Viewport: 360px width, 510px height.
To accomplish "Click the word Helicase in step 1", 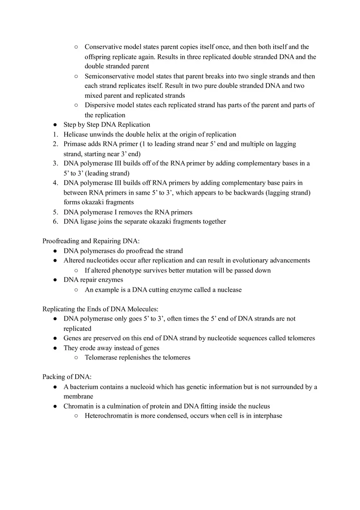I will tap(76, 134).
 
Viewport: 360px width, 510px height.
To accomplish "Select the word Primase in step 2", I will tap(75, 144).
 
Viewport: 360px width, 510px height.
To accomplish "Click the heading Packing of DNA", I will tap(67, 377).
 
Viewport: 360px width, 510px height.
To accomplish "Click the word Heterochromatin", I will tap(108, 416).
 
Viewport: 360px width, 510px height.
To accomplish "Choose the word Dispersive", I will tap(100, 105).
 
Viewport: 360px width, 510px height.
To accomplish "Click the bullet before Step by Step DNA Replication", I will tap(55, 125).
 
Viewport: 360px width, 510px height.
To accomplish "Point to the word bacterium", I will tap(84, 387).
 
